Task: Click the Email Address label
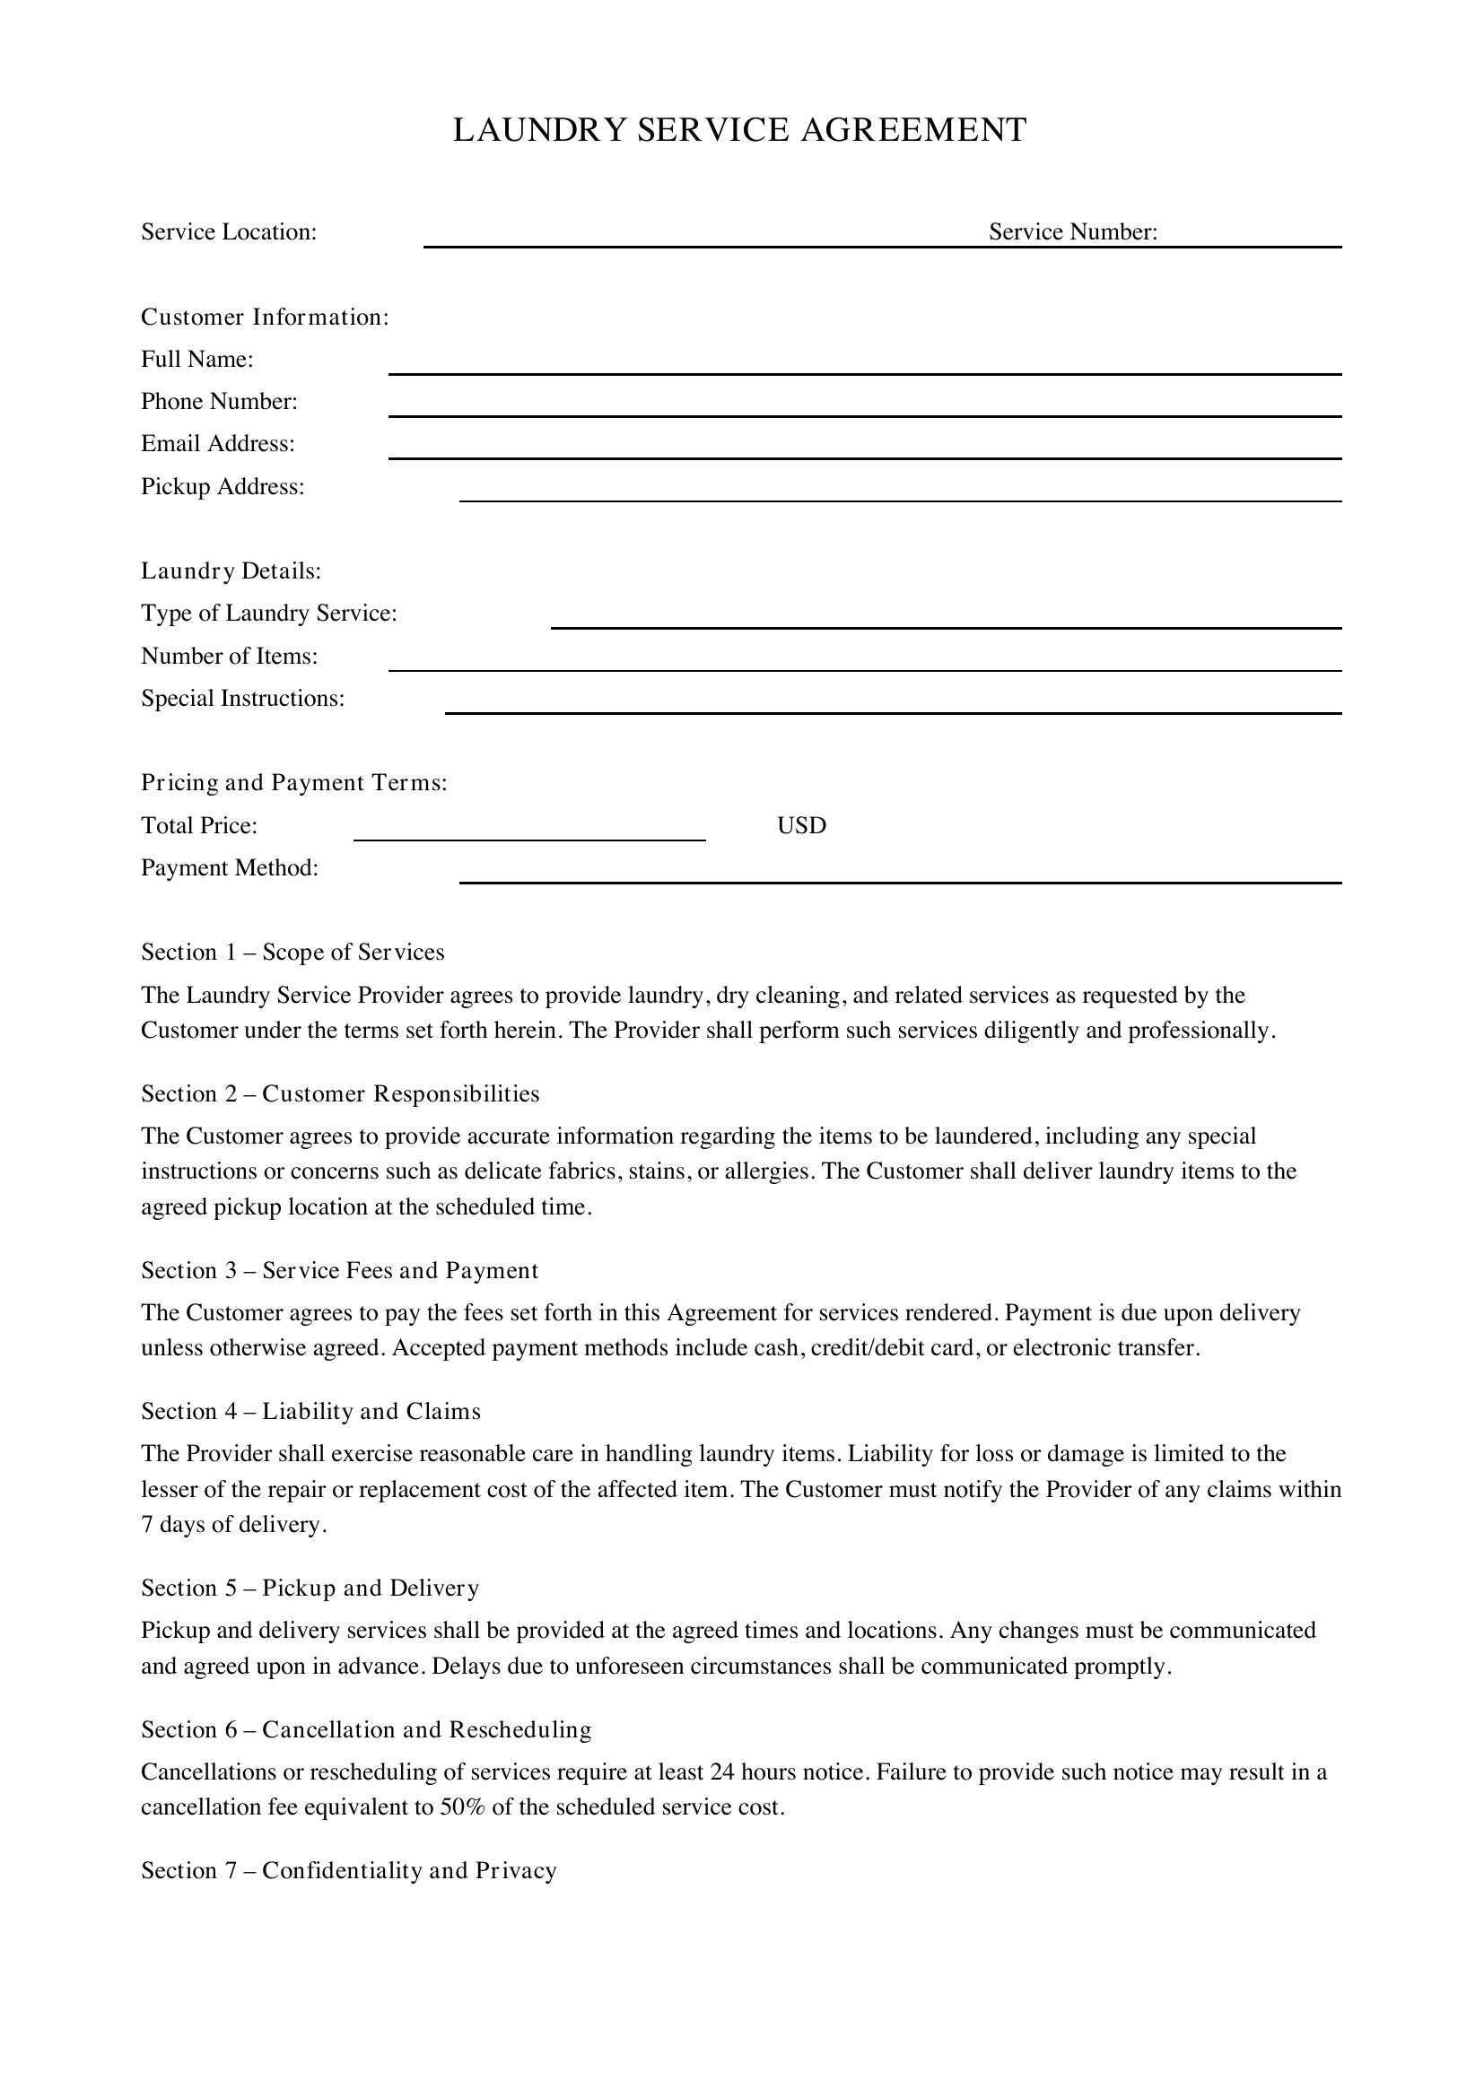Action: pyautogui.click(x=217, y=444)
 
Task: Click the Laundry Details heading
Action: pyautogui.click(x=231, y=571)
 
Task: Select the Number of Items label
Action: pyautogui.click(x=230, y=656)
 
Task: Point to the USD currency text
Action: pyautogui.click(x=801, y=826)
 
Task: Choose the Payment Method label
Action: pyautogui.click(x=230, y=868)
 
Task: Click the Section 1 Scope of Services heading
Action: pyautogui.click(x=292, y=953)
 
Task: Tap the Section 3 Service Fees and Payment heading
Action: pyautogui.click(x=339, y=1270)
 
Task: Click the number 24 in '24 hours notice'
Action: pyautogui.click(x=722, y=1772)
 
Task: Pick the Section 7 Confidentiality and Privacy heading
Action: pyautogui.click(x=348, y=1870)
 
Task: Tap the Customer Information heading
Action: pyautogui.click(x=265, y=317)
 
